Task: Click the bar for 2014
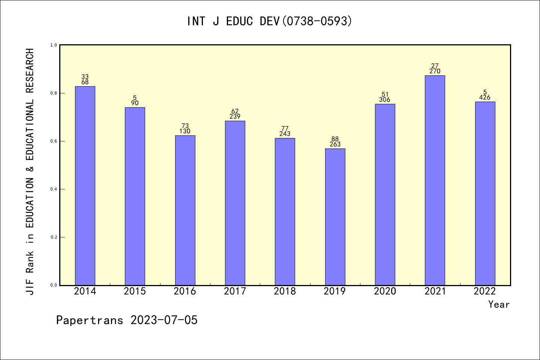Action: (85, 186)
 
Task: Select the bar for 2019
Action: (335, 217)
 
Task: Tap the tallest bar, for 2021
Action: (435, 180)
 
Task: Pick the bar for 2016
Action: (185, 210)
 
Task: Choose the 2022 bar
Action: (485, 193)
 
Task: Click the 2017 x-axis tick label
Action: (235, 291)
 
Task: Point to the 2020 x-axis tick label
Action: (385, 291)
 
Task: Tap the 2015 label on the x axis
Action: (135, 291)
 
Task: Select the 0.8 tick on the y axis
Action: (54, 93)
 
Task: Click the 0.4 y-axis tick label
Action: (54, 189)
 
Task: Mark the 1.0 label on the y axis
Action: (54, 45)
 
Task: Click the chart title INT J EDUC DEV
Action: (270, 21)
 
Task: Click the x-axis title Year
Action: (499, 304)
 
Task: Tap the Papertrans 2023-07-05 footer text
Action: (127, 320)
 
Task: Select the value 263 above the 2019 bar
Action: (335, 144)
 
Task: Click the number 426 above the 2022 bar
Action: (485, 97)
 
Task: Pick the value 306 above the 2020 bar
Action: (385, 100)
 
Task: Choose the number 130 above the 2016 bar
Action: (185, 131)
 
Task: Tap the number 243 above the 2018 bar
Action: (285, 134)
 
